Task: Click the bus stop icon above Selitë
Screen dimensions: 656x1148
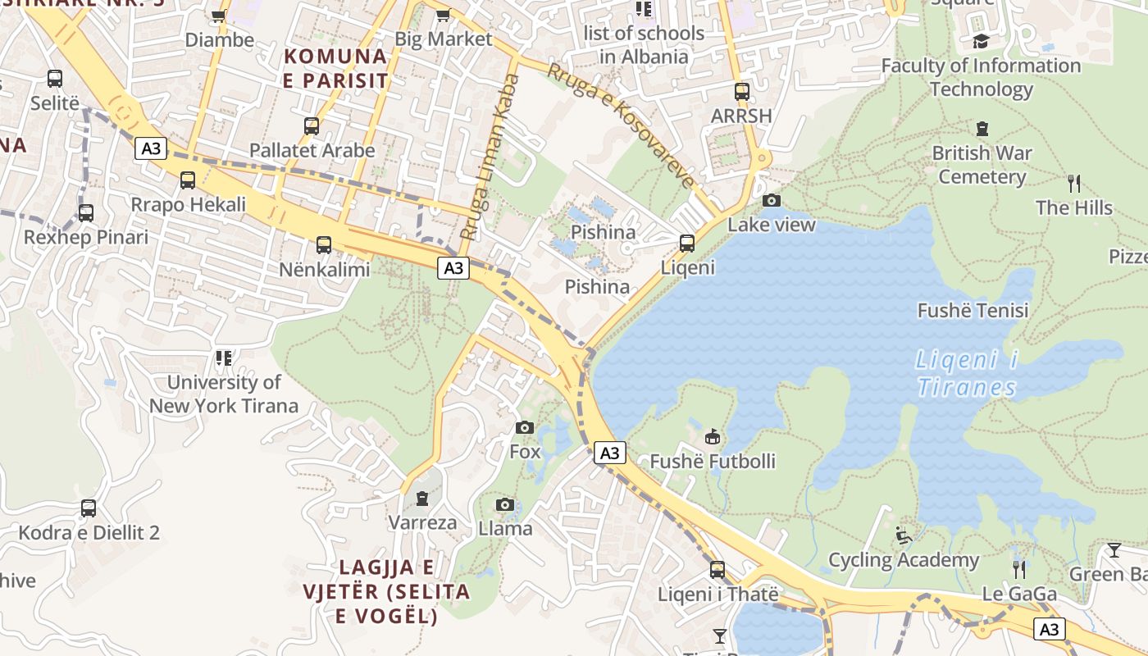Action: coord(55,79)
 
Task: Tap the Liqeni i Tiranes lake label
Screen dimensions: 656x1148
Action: coord(967,373)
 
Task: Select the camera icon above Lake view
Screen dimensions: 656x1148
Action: coord(771,200)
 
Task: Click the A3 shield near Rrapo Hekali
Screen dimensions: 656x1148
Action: coord(151,148)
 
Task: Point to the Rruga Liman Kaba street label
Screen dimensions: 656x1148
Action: coord(490,157)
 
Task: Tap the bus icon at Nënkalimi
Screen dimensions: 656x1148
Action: coord(324,244)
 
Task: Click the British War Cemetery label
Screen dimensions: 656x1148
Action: coord(982,165)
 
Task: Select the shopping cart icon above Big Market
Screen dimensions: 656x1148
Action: coord(444,15)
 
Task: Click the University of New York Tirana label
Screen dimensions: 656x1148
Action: coord(223,394)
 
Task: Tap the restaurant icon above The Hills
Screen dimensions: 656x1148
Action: coord(1073,183)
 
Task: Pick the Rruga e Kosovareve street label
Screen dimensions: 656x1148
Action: coord(621,125)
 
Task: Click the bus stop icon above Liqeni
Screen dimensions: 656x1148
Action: coord(687,243)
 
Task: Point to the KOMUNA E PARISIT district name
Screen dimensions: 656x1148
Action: coord(335,68)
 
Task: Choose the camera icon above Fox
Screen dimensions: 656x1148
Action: coord(525,427)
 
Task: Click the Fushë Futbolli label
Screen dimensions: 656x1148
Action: coord(712,462)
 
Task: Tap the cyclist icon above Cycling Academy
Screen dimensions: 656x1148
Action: coord(904,535)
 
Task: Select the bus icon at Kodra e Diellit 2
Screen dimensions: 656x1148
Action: coord(89,508)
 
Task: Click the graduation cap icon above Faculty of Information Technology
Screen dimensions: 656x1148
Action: coord(981,41)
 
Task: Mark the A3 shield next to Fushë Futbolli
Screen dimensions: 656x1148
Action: coord(610,453)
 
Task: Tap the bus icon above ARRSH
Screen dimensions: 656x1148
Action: coord(742,92)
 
